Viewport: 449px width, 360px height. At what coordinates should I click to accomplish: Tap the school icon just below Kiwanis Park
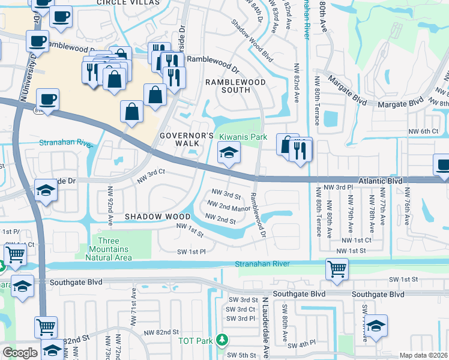tap(229, 155)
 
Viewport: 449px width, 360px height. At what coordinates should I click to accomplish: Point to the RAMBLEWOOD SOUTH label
tap(228, 85)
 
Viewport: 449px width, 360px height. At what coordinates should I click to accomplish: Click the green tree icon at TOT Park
tap(222, 340)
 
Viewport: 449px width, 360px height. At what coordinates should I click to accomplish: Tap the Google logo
tap(20, 352)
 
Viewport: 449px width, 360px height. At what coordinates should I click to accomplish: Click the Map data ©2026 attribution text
tap(423, 355)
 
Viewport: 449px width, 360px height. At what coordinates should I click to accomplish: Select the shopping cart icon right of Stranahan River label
tap(337, 269)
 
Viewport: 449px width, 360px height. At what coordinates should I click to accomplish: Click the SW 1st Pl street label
tap(191, 253)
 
